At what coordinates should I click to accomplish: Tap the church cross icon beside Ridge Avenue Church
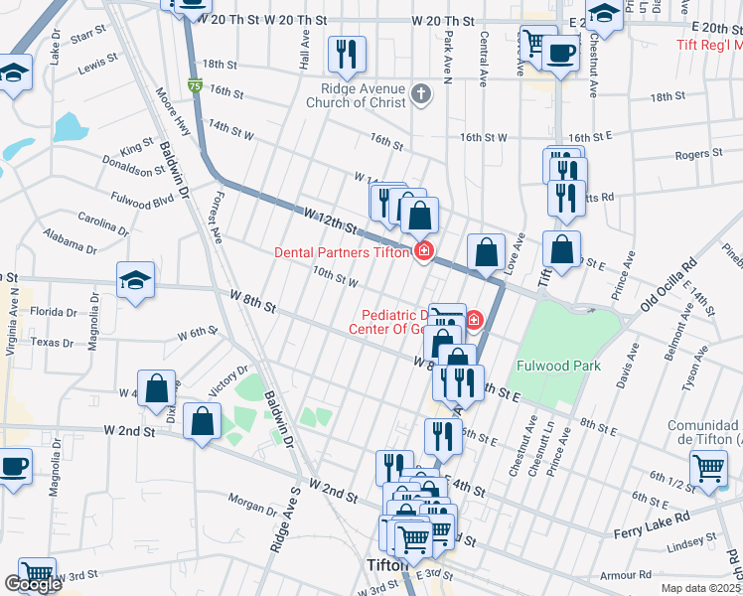tap(423, 95)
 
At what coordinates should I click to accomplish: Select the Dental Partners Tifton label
tap(342, 252)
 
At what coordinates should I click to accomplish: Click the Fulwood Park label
tap(559, 366)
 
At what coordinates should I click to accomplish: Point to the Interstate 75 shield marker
tap(192, 86)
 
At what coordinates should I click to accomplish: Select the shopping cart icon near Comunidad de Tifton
tap(708, 468)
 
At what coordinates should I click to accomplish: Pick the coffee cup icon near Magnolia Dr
tap(14, 467)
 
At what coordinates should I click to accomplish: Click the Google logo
tap(33, 584)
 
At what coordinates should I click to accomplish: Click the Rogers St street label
tap(697, 154)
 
